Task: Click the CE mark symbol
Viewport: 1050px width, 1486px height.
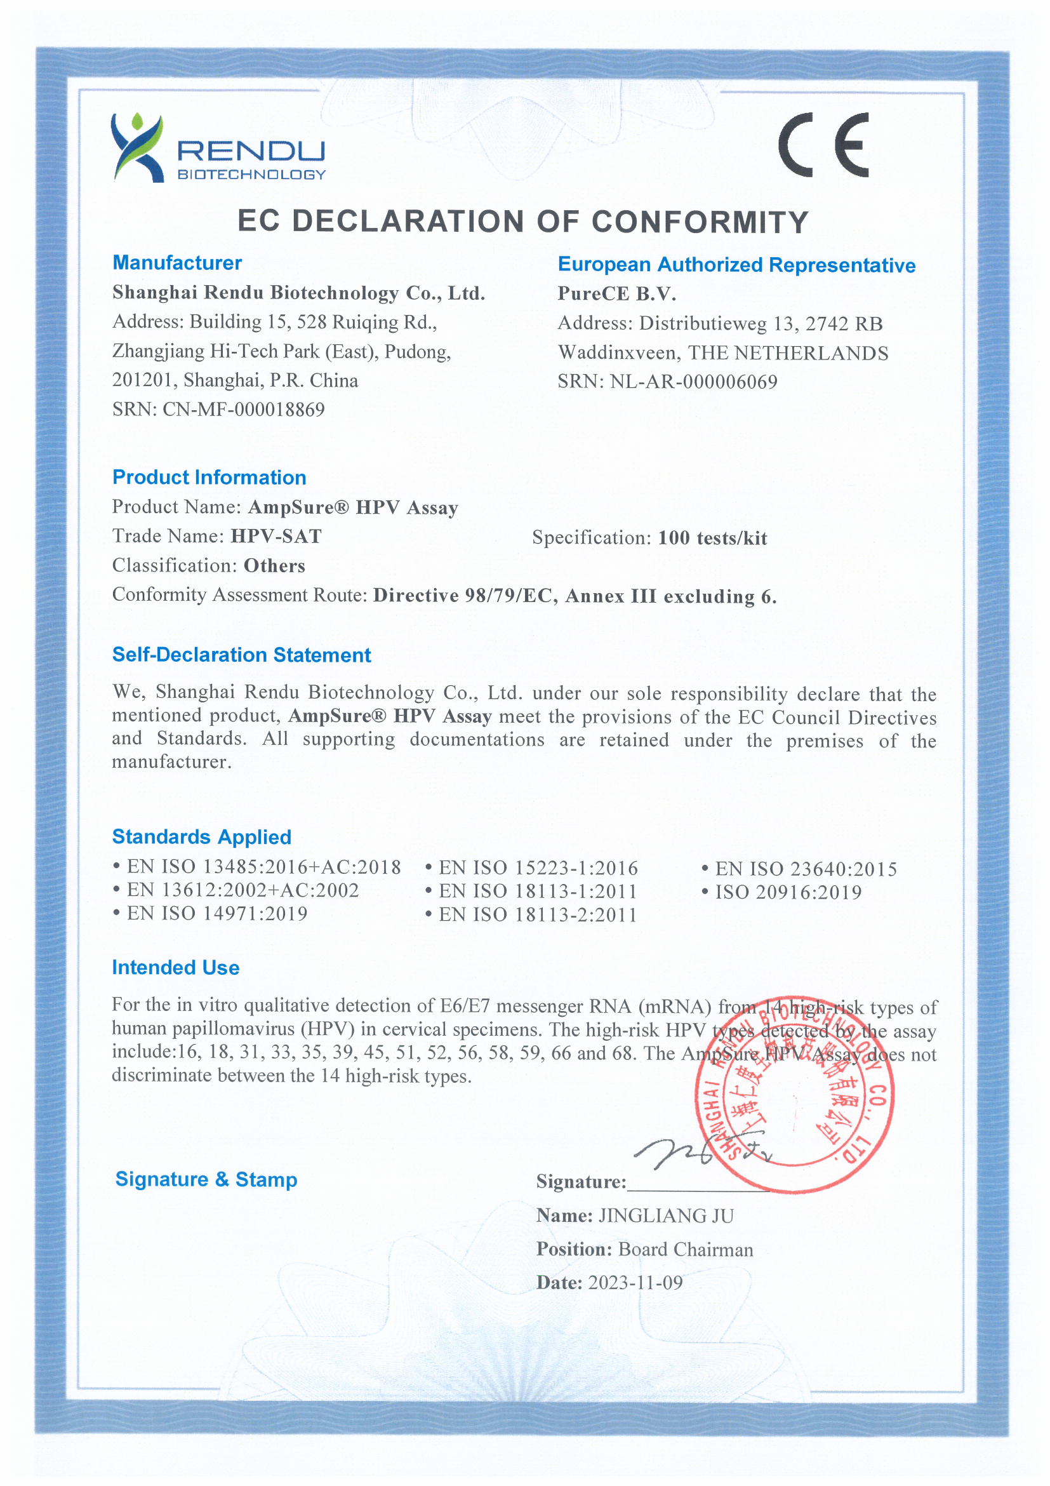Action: [x=823, y=145]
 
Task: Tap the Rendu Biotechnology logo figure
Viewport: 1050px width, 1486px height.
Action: [x=136, y=148]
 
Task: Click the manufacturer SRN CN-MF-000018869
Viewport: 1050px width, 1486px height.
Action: [x=243, y=410]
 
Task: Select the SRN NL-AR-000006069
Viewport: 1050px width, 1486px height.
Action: [x=693, y=382]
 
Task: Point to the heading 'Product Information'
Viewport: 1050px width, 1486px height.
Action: [x=209, y=478]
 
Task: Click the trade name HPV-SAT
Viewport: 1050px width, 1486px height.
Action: [x=276, y=537]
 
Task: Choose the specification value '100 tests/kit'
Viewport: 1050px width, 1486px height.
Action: [x=712, y=539]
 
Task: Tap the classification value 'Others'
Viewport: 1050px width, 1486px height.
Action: [x=274, y=566]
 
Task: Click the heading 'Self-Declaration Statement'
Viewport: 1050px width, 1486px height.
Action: [x=241, y=655]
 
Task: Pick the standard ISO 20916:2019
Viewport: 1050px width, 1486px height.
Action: [x=788, y=892]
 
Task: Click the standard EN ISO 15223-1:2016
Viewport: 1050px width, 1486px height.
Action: [x=538, y=868]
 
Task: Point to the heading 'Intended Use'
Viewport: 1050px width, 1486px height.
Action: [x=175, y=968]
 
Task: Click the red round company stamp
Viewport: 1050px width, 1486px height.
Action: [x=794, y=1094]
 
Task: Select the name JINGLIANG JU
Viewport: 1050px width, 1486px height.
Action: [x=666, y=1216]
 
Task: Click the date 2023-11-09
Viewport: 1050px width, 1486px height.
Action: [x=635, y=1283]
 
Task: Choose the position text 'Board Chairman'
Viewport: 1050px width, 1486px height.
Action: [x=685, y=1250]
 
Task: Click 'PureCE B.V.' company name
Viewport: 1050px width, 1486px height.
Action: [x=616, y=294]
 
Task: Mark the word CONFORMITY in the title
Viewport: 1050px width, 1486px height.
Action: [x=700, y=222]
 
